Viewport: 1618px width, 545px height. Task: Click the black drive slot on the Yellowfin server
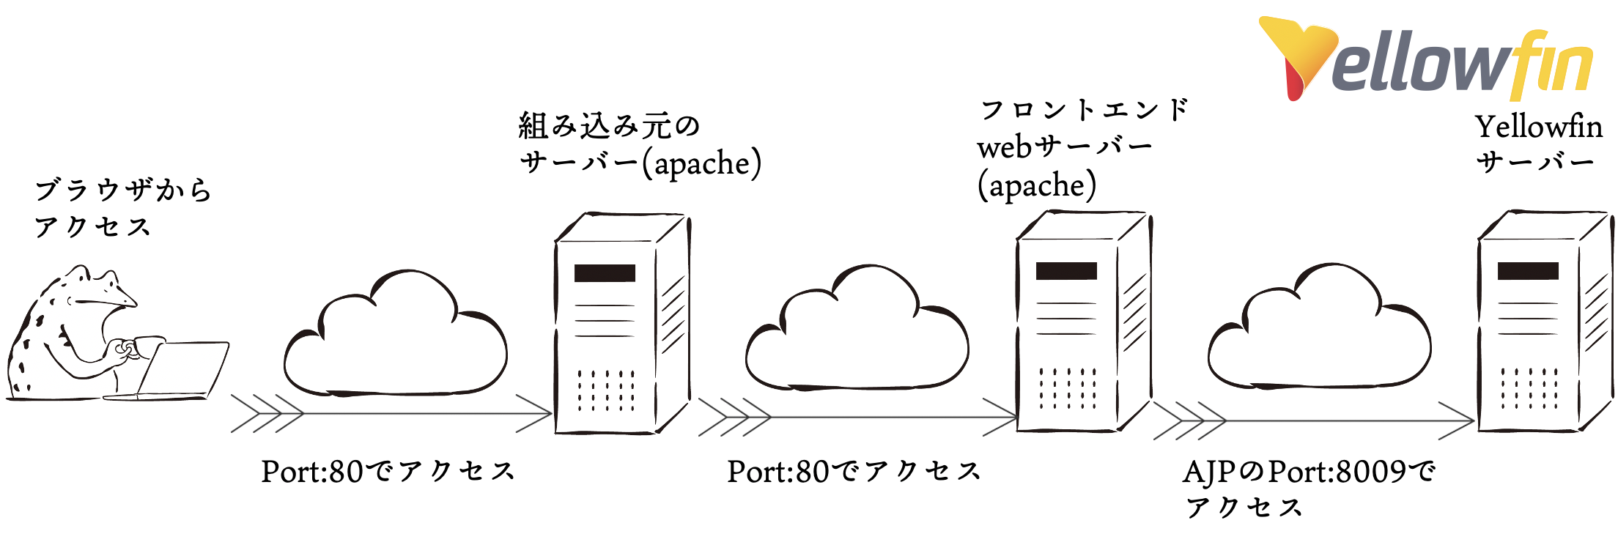(x=1528, y=271)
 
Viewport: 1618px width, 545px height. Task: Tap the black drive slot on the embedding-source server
(x=605, y=273)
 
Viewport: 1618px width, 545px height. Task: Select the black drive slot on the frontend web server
(x=1066, y=271)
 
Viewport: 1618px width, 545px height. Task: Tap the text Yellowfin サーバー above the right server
(x=1537, y=144)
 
